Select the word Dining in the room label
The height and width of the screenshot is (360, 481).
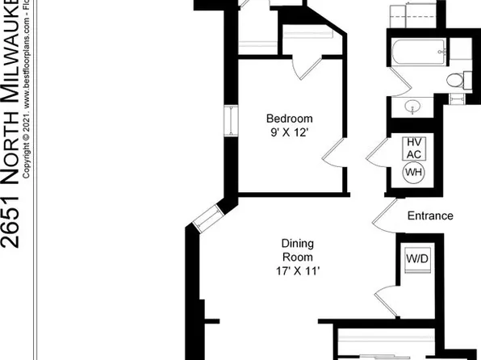coord(297,243)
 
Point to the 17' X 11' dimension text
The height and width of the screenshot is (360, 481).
coord(297,271)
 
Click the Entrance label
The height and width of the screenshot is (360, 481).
coord(429,216)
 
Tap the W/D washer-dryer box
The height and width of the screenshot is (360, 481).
coord(417,260)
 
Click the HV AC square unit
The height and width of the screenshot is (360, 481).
coord(413,148)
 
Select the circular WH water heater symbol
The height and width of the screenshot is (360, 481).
coord(413,173)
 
